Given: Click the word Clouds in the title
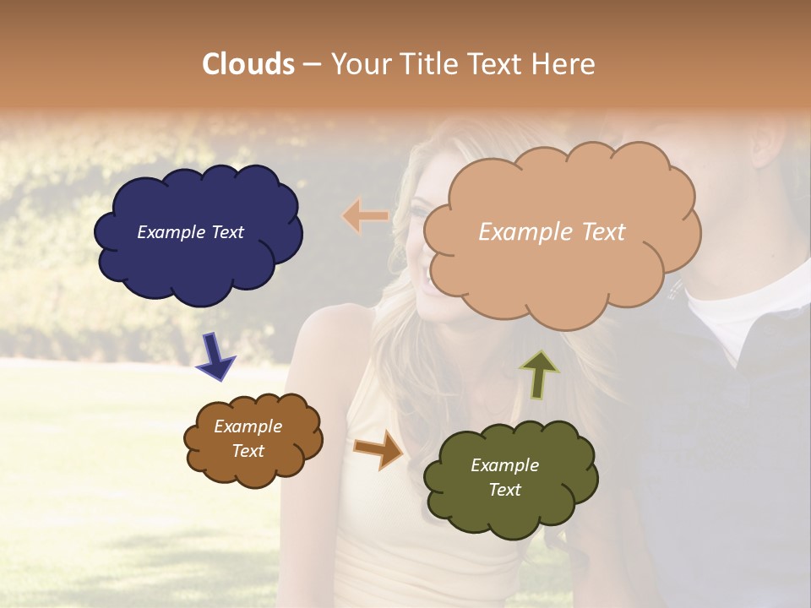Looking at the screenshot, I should [x=248, y=64].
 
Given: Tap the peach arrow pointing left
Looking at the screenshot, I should [x=366, y=216].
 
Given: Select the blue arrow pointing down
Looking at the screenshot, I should [x=215, y=356].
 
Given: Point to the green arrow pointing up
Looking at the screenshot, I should [x=538, y=374].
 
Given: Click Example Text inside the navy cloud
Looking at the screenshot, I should [x=190, y=232].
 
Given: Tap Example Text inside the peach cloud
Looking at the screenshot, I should [x=552, y=232].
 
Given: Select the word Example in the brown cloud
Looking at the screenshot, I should [x=248, y=426].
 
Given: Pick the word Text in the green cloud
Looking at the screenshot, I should [x=504, y=490].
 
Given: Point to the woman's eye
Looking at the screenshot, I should [x=420, y=209].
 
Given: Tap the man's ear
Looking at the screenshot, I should [x=770, y=144].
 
